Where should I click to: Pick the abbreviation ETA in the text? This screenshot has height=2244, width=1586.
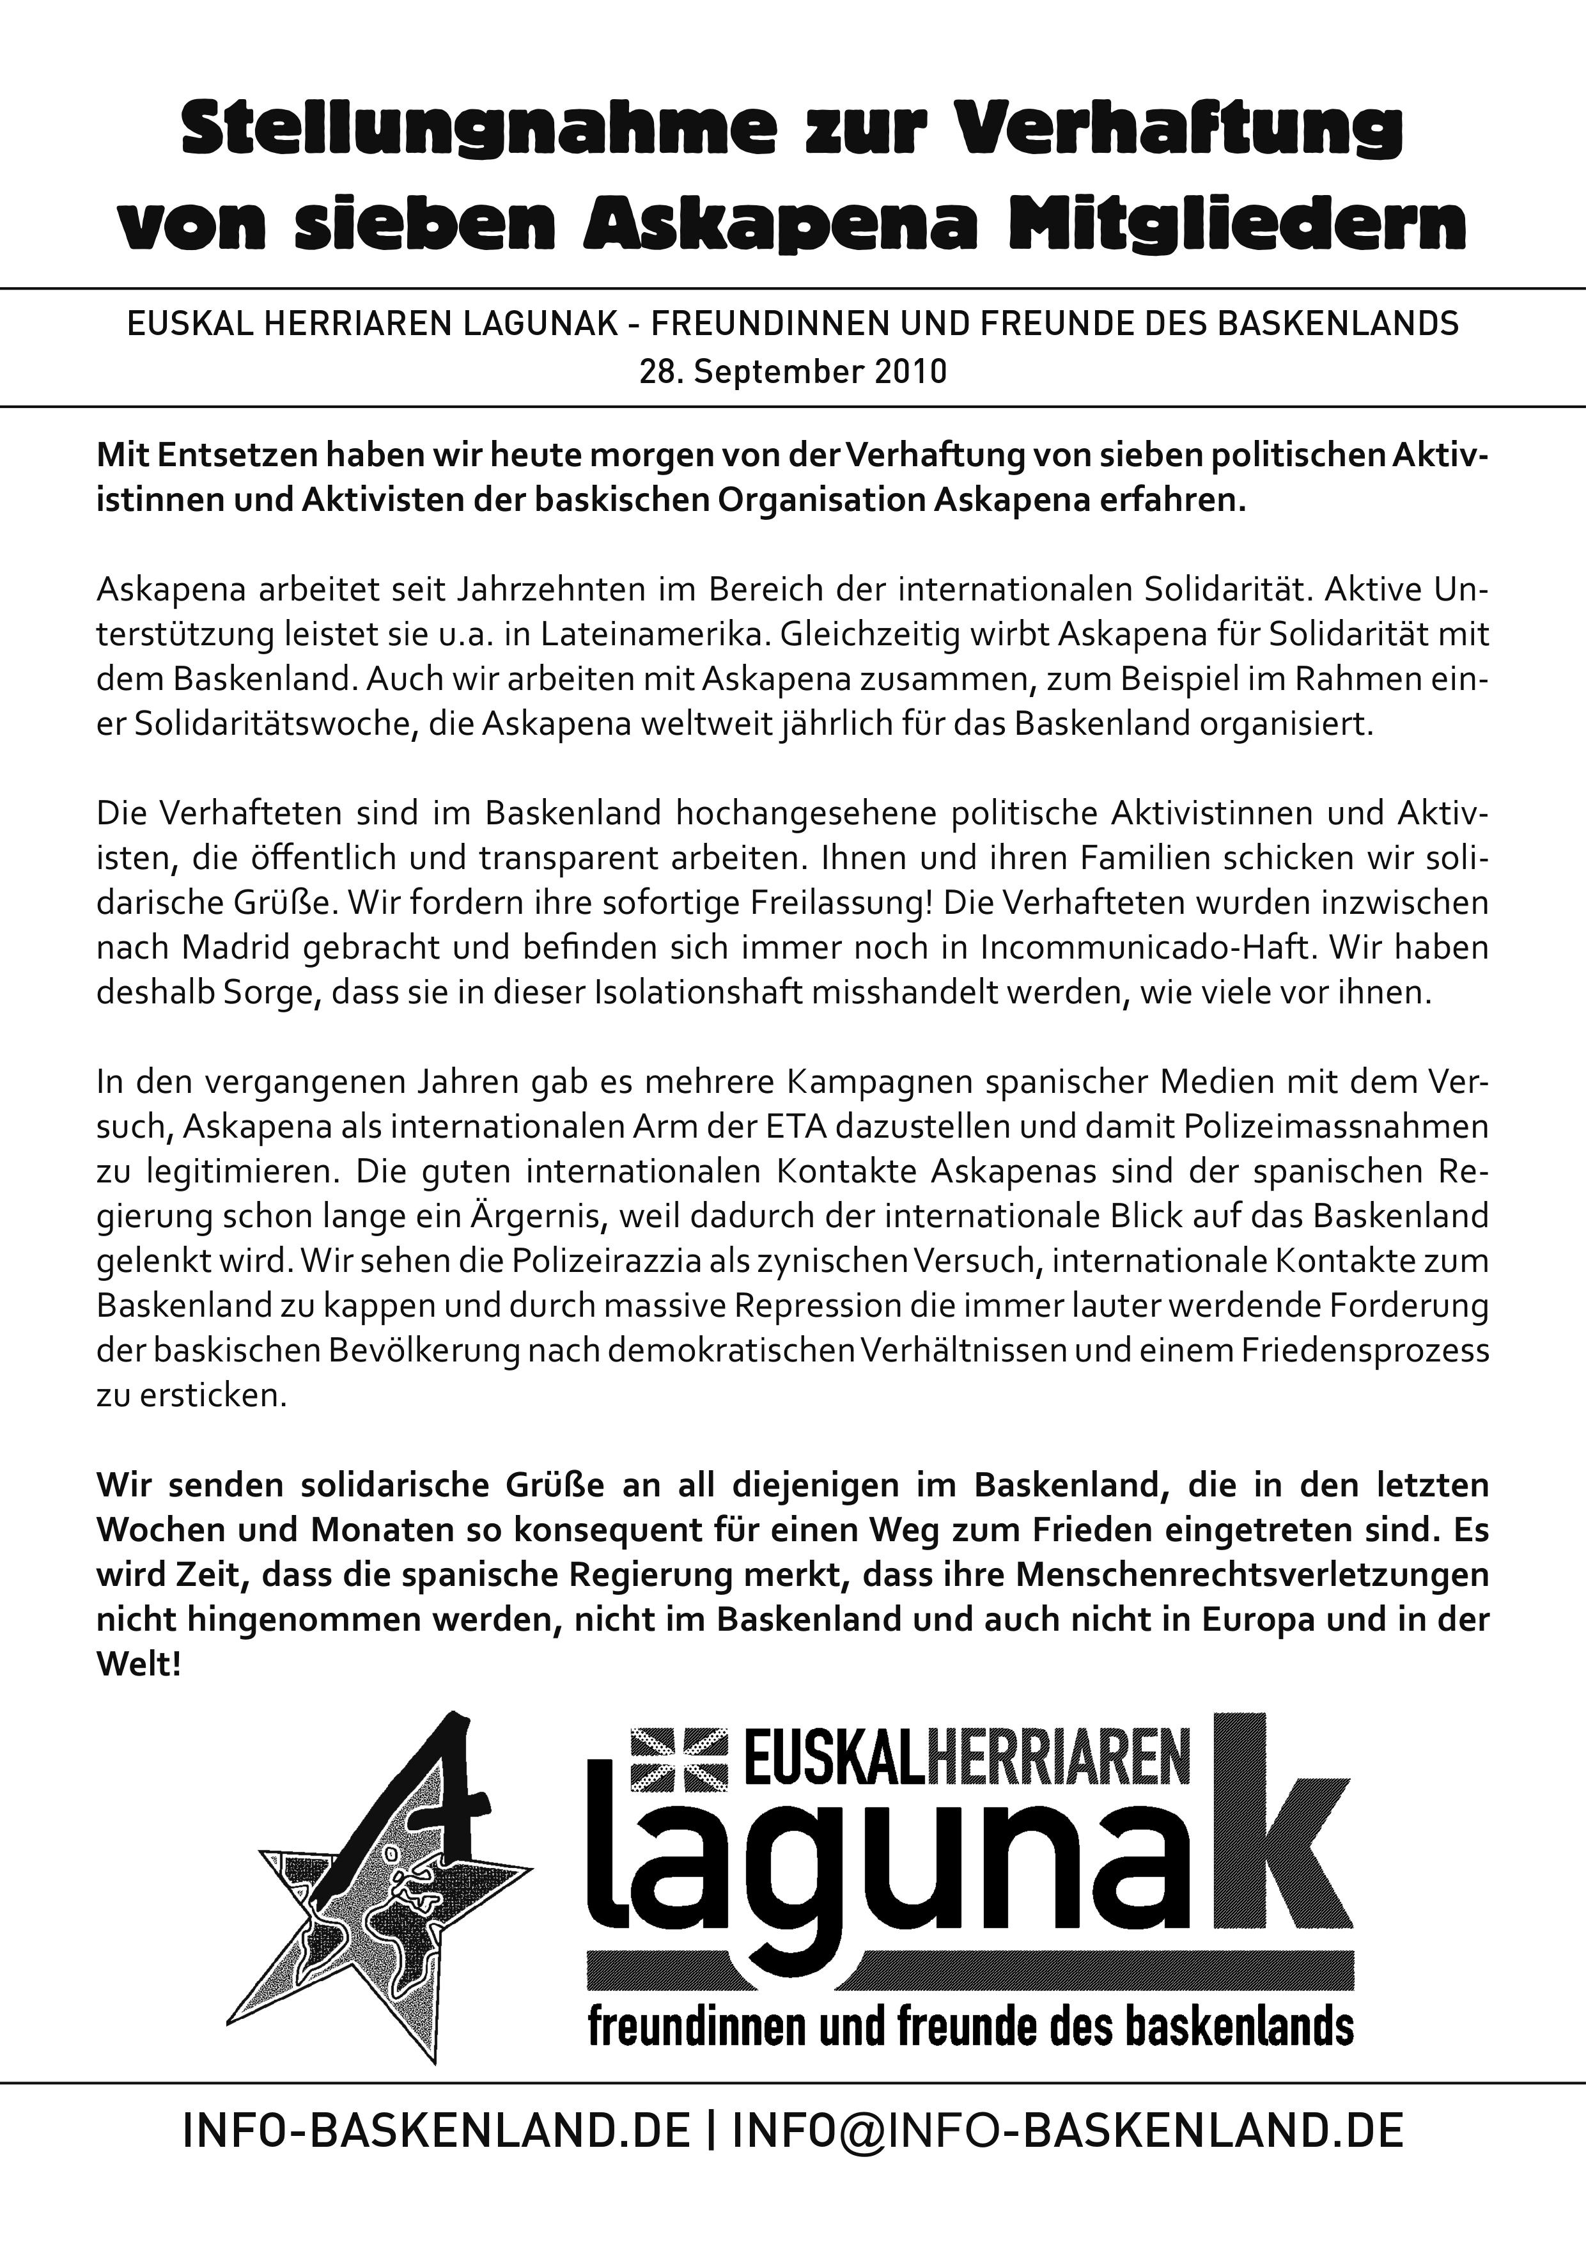pos(801,1127)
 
